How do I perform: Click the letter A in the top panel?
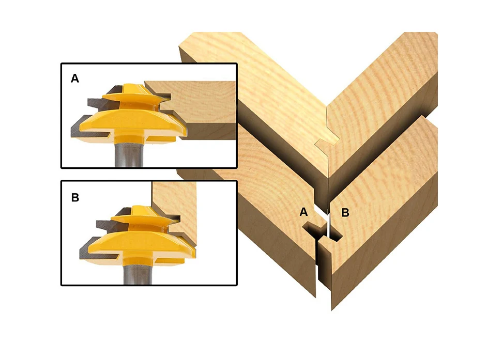pos(74,79)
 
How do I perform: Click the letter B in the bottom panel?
pos(75,197)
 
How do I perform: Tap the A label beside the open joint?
pos(303,212)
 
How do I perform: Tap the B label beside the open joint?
pos(345,213)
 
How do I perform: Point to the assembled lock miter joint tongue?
pos(327,144)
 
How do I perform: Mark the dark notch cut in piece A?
pos(315,230)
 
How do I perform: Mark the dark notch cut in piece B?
pos(335,233)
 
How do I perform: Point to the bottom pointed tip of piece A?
pos(315,297)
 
